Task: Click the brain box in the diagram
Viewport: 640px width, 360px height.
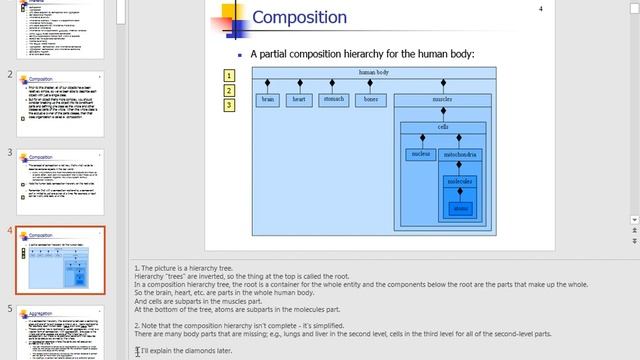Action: pos(268,100)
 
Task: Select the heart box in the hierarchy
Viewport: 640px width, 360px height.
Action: pos(298,100)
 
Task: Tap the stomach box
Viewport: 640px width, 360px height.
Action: pos(333,100)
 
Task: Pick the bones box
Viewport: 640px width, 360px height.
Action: pos(371,100)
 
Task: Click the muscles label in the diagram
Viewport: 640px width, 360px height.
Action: pos(443,100)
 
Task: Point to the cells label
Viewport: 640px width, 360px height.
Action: pos(443,127)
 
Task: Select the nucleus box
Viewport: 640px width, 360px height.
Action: pos(420,154)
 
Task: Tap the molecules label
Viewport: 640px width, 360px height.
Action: pos(459,181)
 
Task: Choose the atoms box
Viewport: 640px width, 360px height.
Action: pos(459,208)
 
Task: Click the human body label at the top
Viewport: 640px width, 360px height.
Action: pos(374,72)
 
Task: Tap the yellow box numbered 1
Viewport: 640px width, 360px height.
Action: pos(229,75)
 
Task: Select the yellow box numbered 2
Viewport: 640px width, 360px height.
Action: pos(229,89)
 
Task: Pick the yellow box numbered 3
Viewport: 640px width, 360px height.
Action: pos(229,103)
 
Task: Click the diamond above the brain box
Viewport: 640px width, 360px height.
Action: pos(268,84)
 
